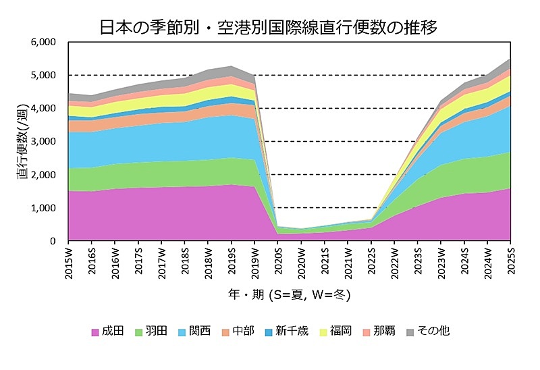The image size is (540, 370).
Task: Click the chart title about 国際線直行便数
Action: (269, 28)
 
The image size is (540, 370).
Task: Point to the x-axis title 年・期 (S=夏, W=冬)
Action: (288, 296)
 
